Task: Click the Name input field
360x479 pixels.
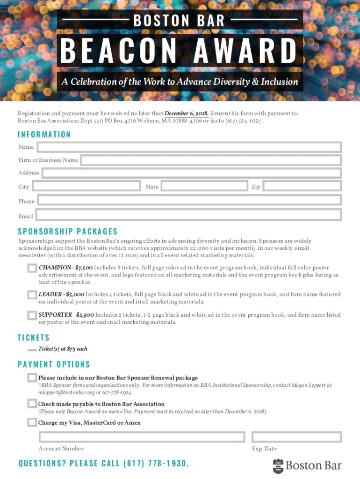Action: [189, 147]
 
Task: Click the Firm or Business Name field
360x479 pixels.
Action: [211, 160]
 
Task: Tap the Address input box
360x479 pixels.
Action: [192, 173]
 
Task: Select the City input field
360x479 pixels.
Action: [86, 186]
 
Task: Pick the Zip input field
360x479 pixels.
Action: [302, 186]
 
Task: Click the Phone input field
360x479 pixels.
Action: [189, 200]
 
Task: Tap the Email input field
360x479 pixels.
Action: [188, 215]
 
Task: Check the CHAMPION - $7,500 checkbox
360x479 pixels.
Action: [32, 268]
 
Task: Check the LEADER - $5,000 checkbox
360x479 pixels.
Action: [32, 295]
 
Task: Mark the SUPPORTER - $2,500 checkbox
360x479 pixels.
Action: [32, 315]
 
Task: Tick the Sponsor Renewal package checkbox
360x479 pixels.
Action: [32, 377]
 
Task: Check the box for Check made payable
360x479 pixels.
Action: [32, 403]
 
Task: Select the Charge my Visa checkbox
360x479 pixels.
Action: [32, 422]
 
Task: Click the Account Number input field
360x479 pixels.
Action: [142, 437]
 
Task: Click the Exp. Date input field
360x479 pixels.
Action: [296, 437]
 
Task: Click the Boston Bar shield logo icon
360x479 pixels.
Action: [278, 466]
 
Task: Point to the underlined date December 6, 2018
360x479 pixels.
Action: [187, 114]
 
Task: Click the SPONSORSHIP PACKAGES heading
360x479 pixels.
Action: [68, 232]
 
